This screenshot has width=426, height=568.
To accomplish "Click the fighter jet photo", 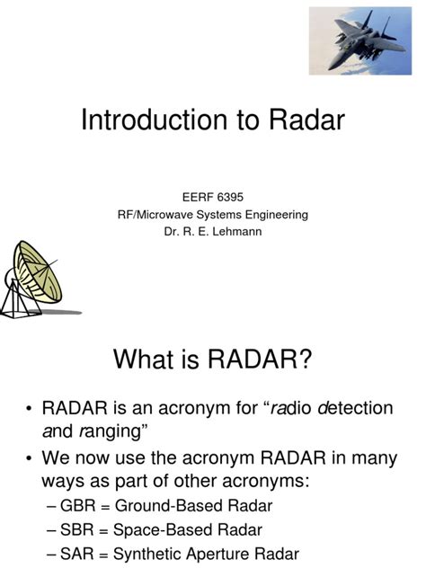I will tap(367, 41).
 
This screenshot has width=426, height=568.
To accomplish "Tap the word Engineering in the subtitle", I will tap(280, 214).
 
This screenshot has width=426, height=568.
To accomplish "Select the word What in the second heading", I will tap(147, 360).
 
